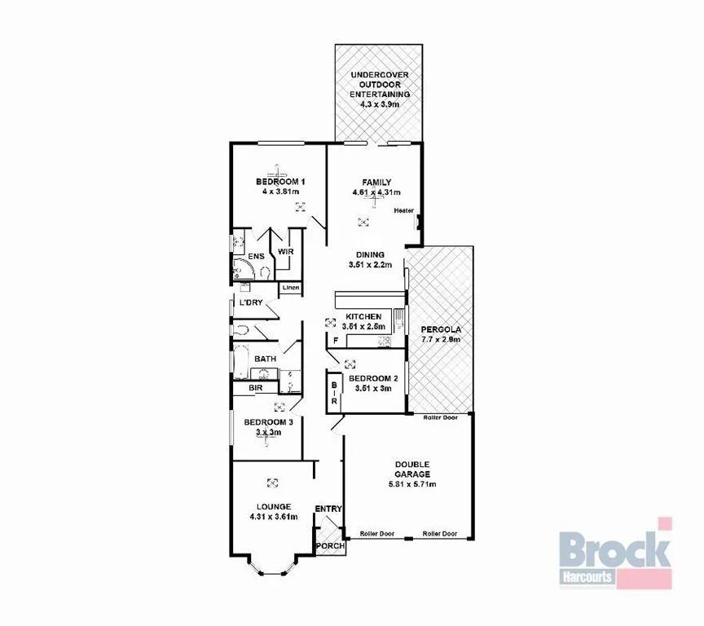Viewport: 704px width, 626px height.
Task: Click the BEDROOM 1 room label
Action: [279, 182]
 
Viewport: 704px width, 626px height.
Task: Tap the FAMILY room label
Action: [376, 183]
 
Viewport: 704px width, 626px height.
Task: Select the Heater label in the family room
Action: [403, 210]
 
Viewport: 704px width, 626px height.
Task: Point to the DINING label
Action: [371, 254]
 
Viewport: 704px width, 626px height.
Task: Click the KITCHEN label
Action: [363, 316]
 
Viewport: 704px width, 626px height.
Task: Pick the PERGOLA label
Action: [441, 329]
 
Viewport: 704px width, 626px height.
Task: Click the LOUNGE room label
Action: [273, 506]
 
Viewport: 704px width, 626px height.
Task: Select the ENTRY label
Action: [328, 509]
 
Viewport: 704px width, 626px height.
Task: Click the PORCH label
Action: [330, 546]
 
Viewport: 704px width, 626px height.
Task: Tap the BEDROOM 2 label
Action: [373, 378]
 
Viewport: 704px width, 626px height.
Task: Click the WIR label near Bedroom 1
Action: [285, 251]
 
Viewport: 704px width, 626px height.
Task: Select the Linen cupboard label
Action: [290, 288]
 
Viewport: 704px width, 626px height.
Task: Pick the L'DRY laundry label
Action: [250, 303]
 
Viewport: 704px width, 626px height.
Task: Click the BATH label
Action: [265, 359]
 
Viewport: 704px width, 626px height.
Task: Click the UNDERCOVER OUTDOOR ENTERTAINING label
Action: [380, 85]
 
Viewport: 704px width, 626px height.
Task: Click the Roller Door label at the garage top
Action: [440, 417]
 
